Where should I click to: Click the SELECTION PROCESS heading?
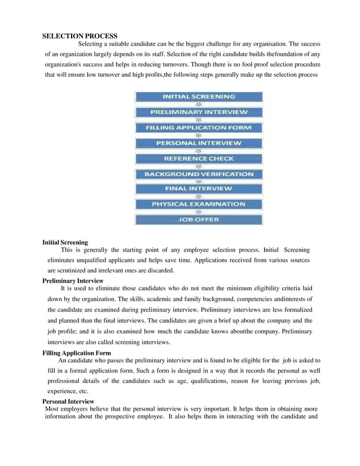[x=80, y=36]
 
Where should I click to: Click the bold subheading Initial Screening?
[x=65, y=243]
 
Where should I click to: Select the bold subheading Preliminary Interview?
[x=73, y=280]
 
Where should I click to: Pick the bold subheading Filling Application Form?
[x=77, y=353]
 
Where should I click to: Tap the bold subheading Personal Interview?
[x=68, y=401]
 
